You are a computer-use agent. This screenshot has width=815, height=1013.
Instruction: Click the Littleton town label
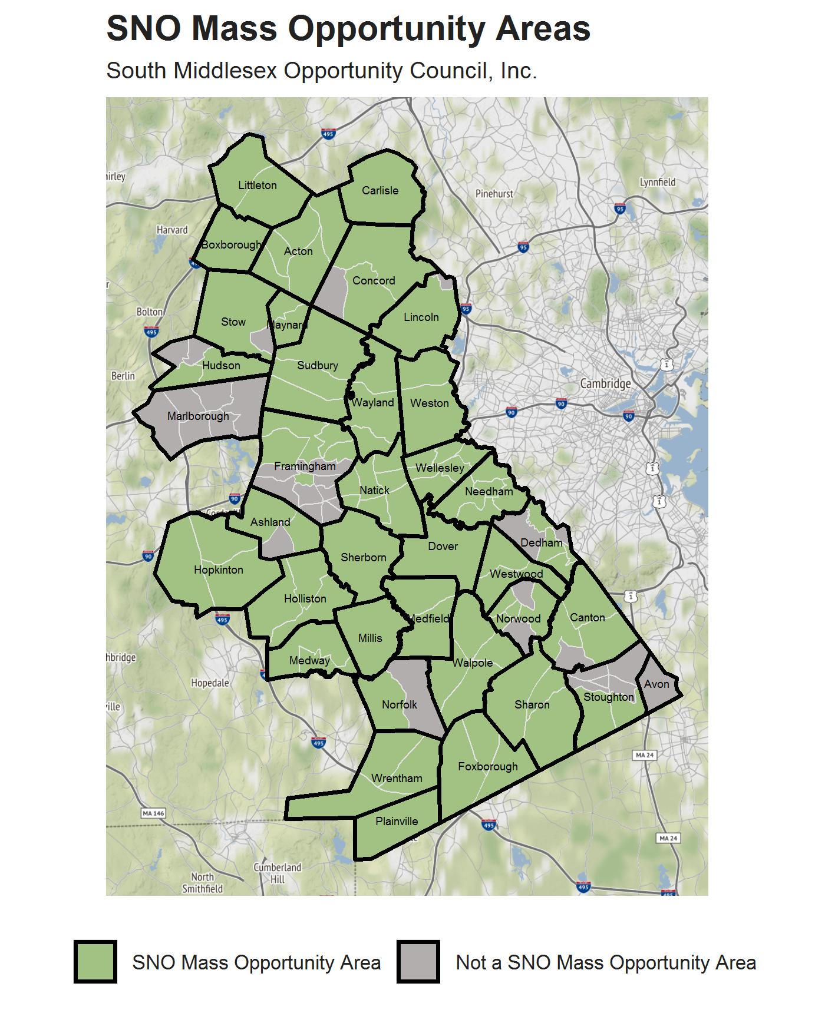(257, 186)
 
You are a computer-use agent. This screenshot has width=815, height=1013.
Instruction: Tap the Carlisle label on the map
(380, 191)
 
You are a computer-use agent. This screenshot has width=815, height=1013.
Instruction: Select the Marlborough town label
(198, 416)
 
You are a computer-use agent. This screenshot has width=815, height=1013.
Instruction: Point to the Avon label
(656, 684)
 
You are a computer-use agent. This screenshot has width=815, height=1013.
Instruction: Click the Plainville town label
(397, 822)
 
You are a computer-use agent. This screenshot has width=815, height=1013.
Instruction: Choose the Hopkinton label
(218, 570)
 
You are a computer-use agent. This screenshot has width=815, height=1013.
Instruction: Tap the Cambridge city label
(605, 384)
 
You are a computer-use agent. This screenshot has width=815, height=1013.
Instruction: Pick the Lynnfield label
(658, 182)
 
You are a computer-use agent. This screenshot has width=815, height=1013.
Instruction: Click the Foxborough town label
(488, 767)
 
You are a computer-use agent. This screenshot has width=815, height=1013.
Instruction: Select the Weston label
(430, 403)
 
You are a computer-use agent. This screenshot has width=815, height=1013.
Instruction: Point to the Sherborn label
(364, 558)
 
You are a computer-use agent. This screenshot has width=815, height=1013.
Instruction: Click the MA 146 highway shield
(153, 813)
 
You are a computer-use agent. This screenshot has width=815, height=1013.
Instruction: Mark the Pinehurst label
(494, 194)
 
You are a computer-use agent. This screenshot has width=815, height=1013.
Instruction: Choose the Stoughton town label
(609, 697)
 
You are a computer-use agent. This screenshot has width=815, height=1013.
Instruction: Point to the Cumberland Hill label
(278, 873)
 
